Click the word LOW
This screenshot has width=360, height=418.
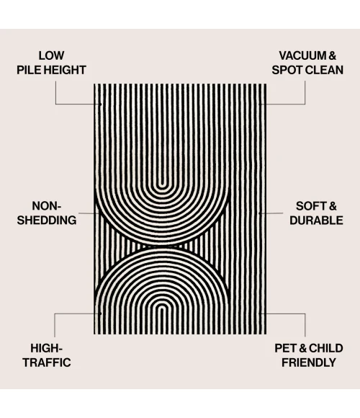(x=51, y=55)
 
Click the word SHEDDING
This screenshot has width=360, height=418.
(x=47, y=221)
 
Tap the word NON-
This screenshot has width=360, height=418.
(x=47, y=206)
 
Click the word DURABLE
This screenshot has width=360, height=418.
(x=316, y=221)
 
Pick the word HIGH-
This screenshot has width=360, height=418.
(x=47, y=348)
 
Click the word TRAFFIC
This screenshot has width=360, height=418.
(x=47, y=363)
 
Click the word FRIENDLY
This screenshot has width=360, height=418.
(x=309, y=363)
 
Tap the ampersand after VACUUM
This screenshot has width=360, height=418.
(x=333, y=55)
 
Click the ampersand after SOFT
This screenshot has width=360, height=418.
(x=332, y=206)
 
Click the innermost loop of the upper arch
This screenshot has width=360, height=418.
(x=161, y=187)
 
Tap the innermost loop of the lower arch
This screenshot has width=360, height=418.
(x=162, y=306)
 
